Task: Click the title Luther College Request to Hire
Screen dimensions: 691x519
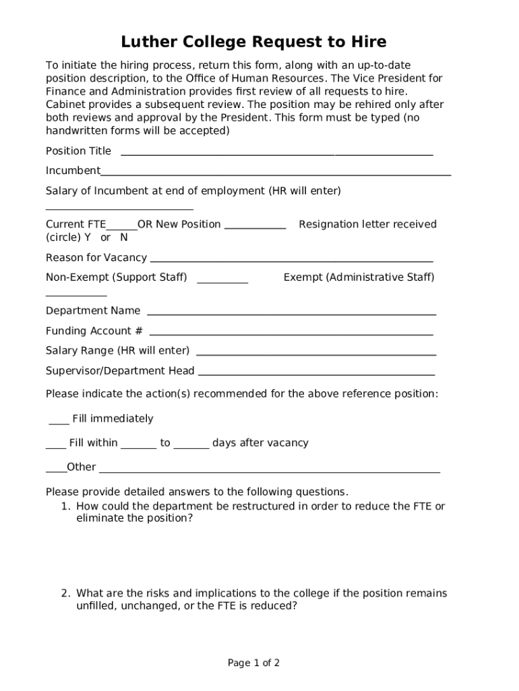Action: (253, 43)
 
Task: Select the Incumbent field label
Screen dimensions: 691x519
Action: (73, 171)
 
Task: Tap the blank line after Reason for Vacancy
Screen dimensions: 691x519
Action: (291, 260)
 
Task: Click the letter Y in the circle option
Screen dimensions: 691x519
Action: (88, 238)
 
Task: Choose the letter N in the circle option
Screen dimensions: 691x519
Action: (123, 238)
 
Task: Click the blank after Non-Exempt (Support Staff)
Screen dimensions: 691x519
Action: (222, 280)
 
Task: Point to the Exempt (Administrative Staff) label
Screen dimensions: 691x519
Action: (359, 277)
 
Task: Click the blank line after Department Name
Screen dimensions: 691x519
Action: (291, 313)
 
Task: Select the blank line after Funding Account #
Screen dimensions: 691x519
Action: (291, 333)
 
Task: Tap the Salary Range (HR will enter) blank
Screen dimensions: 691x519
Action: (315, 353)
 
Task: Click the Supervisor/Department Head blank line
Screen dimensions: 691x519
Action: (317, 373)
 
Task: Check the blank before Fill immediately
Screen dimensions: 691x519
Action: (59, 422)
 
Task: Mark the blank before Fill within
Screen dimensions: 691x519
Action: (55, 446)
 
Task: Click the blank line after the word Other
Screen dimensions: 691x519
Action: (270, 470)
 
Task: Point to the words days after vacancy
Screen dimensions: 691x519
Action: (260, 443)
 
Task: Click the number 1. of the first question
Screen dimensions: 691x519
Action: (65, 507)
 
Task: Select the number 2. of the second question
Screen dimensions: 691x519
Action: (65, 594)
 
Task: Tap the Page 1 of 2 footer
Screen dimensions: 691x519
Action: (253, 663)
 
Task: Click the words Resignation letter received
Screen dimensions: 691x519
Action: (367, 224)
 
